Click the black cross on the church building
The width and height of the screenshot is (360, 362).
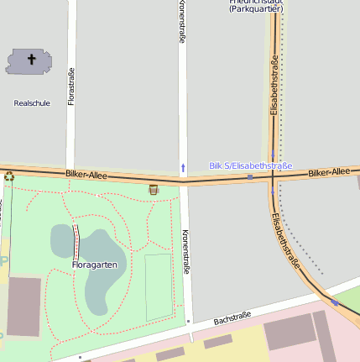(33, 60)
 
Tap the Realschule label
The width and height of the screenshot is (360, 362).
(32, 102)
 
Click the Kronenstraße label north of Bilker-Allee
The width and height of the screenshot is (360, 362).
(182, 22)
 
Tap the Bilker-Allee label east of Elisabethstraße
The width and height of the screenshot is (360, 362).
(328, 172)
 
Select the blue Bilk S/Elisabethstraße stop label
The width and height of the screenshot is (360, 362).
(251, 166)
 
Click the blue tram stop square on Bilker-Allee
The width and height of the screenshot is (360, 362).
(250, 177)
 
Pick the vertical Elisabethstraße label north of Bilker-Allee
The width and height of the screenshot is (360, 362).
(274, 85)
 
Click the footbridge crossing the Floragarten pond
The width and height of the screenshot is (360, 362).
(77, 241)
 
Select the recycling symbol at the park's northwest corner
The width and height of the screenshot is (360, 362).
(9, 176)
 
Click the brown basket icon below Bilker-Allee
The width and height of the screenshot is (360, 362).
(153, 189)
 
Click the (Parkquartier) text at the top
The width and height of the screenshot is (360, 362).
(256, 8)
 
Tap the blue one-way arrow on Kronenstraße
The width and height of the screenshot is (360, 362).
(183, 166)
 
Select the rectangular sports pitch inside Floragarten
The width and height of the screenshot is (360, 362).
(158, 287)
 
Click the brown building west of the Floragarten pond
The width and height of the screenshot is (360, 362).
(23, 306)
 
